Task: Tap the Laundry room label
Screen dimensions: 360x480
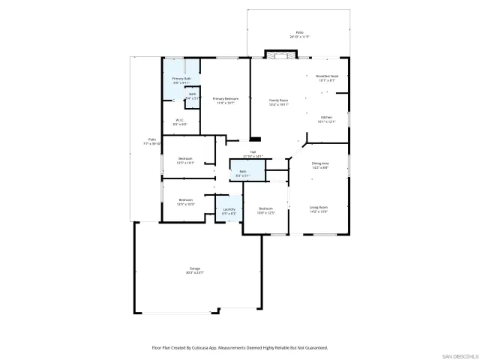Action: [x=229, y=211]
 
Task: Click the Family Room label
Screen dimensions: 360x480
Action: [x=279, y=100]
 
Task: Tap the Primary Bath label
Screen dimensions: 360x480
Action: [x=181, y=79]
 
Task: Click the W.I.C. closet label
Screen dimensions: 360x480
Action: [x=180, y=121]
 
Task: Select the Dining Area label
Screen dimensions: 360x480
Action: [x=320, y=164]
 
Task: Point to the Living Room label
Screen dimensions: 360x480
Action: [x=319, y=209]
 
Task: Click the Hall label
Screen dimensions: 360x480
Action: [x=253, y=151]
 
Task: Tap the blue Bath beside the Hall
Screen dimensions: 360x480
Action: [x=242, y=173]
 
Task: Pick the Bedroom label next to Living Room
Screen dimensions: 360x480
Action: [x=266, y=209]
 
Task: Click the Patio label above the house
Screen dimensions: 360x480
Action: [x=299, y=34]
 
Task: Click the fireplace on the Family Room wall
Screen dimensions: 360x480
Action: [x=278, y=55]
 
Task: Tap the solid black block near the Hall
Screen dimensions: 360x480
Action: [x=255, y=138]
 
